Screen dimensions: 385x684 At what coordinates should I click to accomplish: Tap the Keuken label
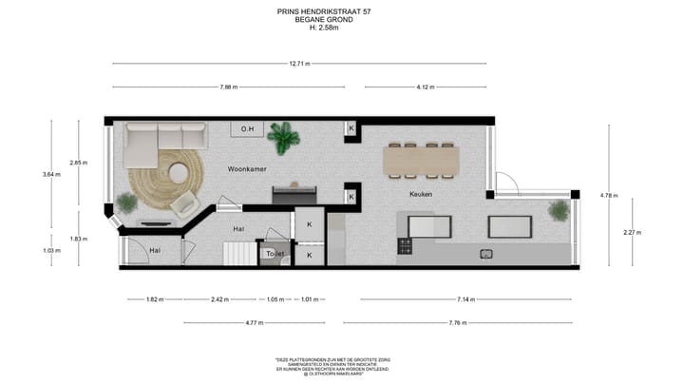coord(421,194)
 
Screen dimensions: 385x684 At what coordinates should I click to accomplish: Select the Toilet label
coord(275,254)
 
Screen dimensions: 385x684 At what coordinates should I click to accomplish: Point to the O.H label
coord(247,129)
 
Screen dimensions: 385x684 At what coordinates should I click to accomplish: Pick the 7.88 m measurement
coord(228,87)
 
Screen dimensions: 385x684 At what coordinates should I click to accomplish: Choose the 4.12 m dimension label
coord(425,87)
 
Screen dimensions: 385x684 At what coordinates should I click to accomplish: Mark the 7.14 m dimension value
coord(465,299)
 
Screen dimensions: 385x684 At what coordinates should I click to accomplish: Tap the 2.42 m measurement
coord(218,299)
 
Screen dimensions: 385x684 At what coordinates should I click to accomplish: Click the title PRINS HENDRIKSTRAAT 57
coord(325,12)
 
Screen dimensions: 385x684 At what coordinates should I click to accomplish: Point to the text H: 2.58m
coord(325,28)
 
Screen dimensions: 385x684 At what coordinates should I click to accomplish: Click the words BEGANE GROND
coord(325,20)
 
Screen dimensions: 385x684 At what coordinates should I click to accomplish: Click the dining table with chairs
coord(422,160)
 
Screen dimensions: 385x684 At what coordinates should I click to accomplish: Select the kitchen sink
coord(486,253)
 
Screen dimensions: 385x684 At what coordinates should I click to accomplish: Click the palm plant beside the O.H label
coord(283,137)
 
